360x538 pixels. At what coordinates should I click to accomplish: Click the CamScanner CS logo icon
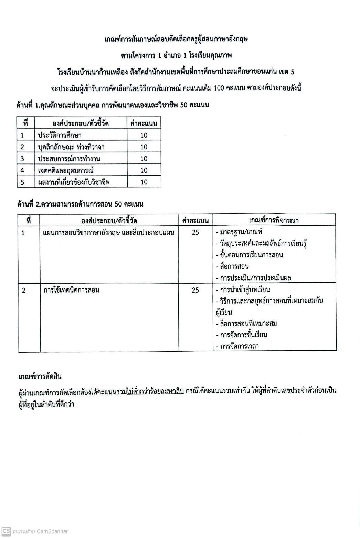6,531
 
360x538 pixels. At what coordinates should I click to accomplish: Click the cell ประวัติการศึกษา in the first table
60,135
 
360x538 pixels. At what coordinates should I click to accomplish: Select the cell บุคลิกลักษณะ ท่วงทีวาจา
71,147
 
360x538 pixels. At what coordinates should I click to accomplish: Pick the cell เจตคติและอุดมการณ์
66,170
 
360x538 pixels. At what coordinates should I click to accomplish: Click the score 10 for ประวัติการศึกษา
144,135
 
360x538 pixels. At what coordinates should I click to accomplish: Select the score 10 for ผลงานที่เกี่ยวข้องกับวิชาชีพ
144,182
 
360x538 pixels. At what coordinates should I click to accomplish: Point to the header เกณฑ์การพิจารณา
274,220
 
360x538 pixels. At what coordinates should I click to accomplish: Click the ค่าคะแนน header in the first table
144,123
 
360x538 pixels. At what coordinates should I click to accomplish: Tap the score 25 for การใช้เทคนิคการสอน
195,290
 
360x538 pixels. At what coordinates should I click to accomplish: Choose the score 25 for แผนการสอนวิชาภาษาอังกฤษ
195,232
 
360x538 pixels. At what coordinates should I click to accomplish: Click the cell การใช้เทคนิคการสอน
72,290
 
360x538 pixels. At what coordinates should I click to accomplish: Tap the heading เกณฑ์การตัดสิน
40,376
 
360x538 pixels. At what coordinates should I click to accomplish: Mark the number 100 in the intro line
219,88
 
